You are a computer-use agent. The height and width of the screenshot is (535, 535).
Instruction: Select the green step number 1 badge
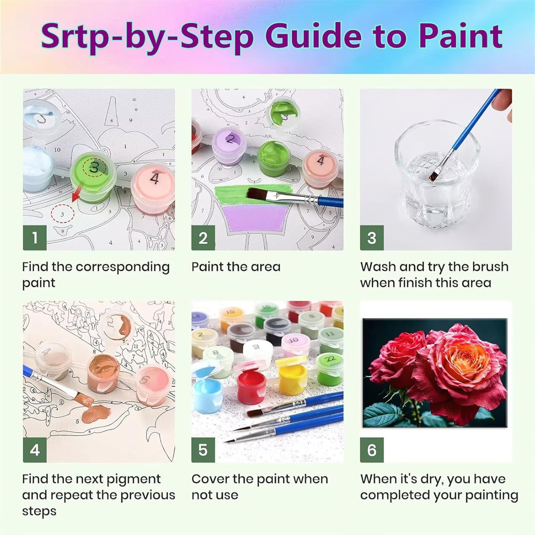[35, 238]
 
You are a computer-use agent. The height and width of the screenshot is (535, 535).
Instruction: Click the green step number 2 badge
[203, 238]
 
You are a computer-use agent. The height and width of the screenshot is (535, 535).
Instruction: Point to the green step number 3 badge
[372, 238]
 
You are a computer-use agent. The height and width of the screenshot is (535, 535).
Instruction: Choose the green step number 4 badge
[35, 450]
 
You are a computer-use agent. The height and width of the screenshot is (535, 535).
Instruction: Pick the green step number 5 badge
[203, 450]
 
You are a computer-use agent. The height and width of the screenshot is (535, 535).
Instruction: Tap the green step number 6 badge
[372, 450]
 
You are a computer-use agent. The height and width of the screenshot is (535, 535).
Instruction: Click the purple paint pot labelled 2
[230, 146]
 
